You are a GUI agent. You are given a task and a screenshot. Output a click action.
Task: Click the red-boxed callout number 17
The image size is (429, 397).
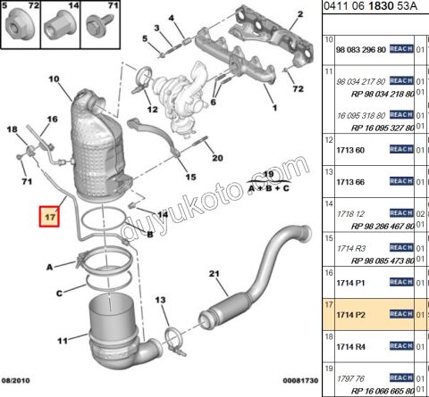[x=48, y=216]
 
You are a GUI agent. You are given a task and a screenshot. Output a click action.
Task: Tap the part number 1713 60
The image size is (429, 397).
[x=349, y=150]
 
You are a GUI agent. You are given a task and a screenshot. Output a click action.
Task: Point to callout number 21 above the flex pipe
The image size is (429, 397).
[x=214, y=273]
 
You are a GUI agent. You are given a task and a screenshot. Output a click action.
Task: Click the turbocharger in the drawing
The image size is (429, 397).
[x=174, y=90]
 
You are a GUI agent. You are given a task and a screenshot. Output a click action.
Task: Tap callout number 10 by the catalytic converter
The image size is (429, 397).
[x=53, y=79]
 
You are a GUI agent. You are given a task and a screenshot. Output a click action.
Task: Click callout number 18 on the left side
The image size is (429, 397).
[x=13, y=131]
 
